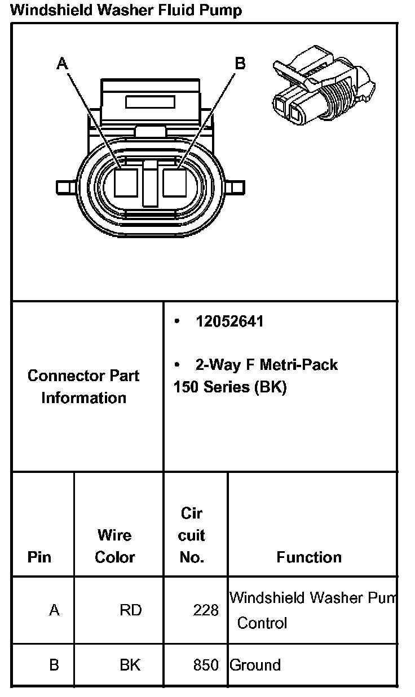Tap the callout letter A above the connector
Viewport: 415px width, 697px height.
[62, 64]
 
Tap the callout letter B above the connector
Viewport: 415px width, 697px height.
[240, 64]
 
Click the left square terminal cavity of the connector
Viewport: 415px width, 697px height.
[126, 183]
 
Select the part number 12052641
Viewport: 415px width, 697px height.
[229, 321]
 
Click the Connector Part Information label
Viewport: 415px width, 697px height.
[83, 386]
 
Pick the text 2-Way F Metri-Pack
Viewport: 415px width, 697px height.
[266, 365]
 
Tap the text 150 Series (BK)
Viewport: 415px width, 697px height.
[230, 388]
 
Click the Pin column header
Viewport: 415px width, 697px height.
[39, 557]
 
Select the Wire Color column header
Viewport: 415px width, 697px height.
[115, 546]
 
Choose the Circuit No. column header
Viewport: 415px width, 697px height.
[192, 535]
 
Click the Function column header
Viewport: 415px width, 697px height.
[309, 557]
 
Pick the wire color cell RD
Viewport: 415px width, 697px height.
[130, 610]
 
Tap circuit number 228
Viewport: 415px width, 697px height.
[206, 610]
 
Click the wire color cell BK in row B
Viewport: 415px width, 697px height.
[130, 665]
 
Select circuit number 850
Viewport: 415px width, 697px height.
[206, 665]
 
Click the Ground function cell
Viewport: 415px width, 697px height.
[255, 665]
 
